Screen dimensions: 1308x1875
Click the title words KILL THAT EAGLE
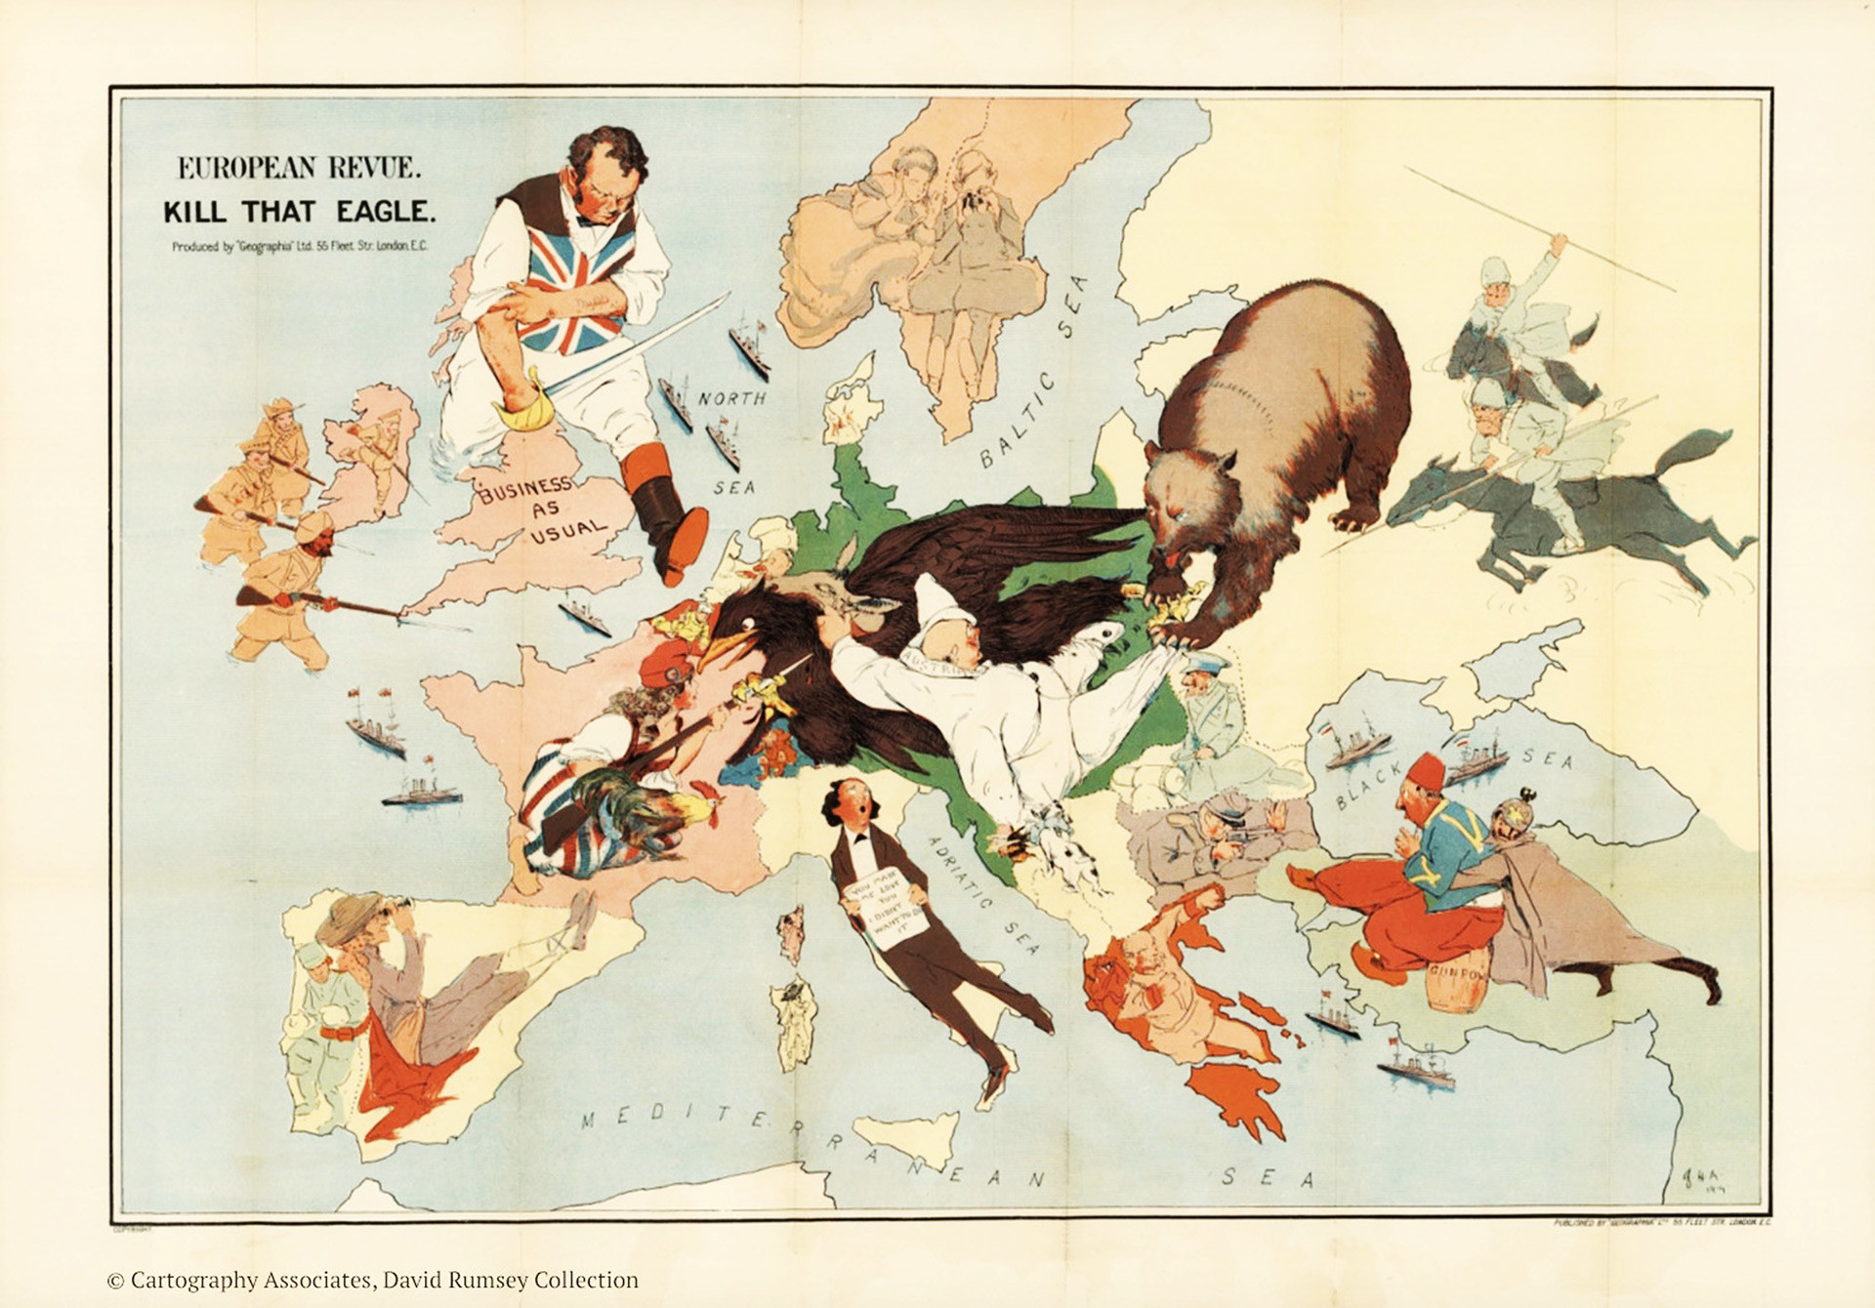299,212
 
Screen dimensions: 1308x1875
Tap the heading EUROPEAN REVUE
299,168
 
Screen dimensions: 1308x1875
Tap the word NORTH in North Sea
731,398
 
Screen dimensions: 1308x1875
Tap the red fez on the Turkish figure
1427,771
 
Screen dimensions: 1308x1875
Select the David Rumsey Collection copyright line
372,1280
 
